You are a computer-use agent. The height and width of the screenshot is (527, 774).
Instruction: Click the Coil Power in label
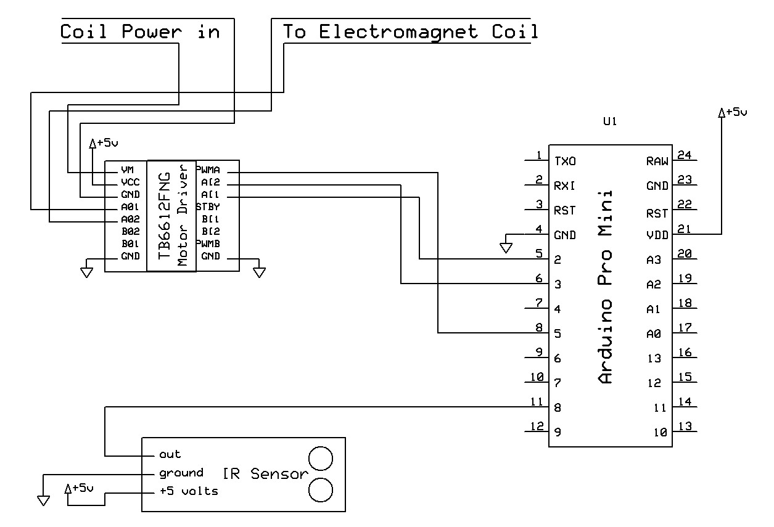pos(140,31)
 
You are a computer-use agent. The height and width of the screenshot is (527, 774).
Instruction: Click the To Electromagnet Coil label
pos(410,31)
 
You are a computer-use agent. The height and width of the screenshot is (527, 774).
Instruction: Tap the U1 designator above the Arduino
pos(609,122)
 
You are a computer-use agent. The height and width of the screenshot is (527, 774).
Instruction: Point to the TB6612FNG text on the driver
pos(165,216)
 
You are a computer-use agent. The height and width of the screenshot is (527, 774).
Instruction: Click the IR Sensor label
pos(265,474)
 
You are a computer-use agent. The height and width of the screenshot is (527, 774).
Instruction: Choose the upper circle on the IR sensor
pos(321,459)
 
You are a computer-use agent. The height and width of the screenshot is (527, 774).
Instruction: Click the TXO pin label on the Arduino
pos(565,161)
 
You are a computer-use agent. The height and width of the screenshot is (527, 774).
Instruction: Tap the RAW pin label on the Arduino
pos(657,161)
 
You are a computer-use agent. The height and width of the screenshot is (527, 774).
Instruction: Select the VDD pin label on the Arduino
pos(657,235)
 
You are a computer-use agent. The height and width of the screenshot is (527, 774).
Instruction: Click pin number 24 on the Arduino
pos(684,155)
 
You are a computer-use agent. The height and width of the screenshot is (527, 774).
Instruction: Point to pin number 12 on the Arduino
pos(537,426)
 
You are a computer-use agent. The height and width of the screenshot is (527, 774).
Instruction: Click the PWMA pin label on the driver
pos(208,170)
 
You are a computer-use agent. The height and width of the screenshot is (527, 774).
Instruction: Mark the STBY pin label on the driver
pos(208,206)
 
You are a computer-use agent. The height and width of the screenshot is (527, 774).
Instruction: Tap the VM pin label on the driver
pos(128,170)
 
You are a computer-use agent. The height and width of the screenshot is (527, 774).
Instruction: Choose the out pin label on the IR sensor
pos(170,454)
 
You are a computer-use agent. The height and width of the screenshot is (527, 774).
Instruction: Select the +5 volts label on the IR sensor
pos(188,491)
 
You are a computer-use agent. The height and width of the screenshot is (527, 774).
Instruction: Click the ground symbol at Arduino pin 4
pos(506,248)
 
